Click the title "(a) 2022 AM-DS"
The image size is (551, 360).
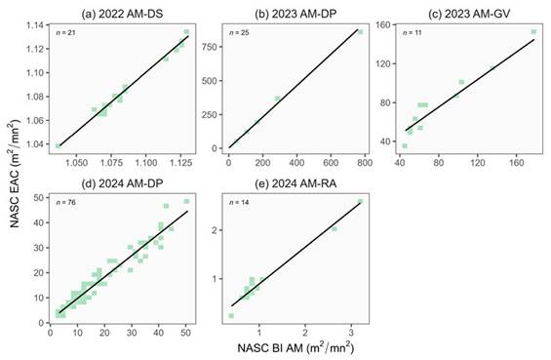[x=122, y=14]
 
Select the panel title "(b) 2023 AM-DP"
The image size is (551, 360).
[x=295, y=14]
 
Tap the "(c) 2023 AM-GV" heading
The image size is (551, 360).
[x=469, y=14]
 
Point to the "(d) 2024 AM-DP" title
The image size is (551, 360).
[x=122, y=183]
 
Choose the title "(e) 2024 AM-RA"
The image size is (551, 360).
[x=295, y=183]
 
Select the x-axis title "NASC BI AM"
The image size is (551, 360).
[x=295, y=347]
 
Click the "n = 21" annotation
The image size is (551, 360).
[x=65, y=33]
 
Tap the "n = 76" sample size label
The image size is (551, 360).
[x=65, y=203]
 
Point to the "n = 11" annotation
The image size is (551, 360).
[x=413, y=33]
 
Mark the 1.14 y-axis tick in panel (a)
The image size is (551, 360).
[x=35, y=25]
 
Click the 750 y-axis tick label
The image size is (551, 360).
[x=210, y=47]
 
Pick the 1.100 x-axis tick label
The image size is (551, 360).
[x=146, y=163]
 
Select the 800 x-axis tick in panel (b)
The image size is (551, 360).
[x=365, y=162]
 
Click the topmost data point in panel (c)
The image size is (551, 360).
[x=533, y=31]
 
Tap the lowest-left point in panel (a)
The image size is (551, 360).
[x=59, y=146]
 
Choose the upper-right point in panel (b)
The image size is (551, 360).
[x=360, y=32]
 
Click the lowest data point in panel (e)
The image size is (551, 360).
[x=231, y=316]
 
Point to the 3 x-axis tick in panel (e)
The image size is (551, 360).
[x=351, y=333]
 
